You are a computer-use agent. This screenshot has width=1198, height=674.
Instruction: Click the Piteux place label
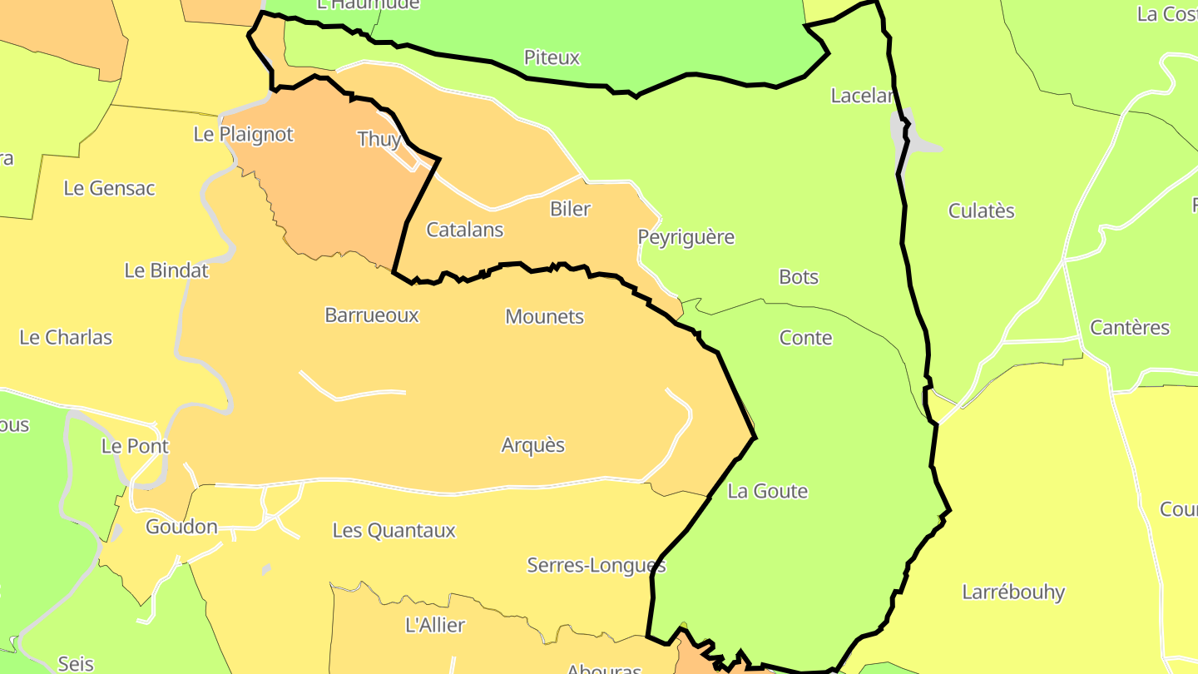tap(552, 57)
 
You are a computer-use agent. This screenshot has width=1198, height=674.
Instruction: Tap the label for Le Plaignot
tap(243, 134)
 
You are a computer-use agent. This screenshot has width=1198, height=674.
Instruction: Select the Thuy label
tap(379, 139)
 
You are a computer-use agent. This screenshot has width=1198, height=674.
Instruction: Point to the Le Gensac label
tap(109, 188)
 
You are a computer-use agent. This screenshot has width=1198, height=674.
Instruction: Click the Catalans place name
tap(464, 230)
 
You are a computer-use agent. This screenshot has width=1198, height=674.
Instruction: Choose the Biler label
tap(570, 209)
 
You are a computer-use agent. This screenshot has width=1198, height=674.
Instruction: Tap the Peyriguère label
tap(686, 237)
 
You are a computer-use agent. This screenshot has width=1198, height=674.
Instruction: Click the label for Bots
tap(799, 277)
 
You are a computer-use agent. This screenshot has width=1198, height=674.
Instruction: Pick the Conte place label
tap(805, 338)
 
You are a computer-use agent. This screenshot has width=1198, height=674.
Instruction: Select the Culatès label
tap(982, 211)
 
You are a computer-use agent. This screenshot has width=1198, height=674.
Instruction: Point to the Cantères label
tap(1130, 328)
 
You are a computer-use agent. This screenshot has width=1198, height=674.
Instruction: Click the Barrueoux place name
tap(372, 315)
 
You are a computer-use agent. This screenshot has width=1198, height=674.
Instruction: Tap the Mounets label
tap(545, 317)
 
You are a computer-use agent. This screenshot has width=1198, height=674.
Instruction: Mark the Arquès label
tap(532, 445)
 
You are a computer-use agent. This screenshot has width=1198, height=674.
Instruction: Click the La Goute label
tap(767, 491)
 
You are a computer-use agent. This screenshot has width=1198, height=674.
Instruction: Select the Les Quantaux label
tap(394, 530)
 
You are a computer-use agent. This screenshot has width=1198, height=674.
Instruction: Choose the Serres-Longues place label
tap(597, 566)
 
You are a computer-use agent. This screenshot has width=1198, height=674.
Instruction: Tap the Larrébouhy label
tap(1013, 592)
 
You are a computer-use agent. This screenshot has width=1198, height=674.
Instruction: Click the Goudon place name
tap(181, 527)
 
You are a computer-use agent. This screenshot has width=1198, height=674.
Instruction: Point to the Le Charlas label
tap(66, 338)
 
